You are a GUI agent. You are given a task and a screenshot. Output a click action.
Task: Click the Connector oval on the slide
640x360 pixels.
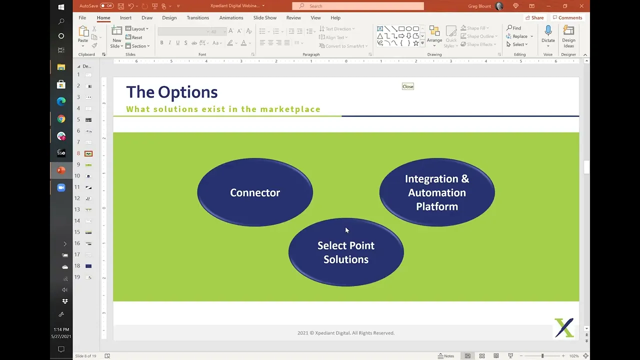pos(255,192)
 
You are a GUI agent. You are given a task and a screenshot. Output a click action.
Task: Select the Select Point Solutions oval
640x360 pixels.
pos(346,252)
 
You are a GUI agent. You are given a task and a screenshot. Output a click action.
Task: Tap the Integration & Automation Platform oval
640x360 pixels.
pos(437,192)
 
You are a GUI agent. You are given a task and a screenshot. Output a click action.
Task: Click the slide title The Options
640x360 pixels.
pos(171,92)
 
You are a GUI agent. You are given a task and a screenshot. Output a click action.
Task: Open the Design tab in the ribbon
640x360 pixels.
pos(169,18)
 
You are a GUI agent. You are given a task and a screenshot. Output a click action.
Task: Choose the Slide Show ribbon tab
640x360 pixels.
pos(264,18)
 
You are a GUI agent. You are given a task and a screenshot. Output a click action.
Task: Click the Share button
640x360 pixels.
pos(534,18)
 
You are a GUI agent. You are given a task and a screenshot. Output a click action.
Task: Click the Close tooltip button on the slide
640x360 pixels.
pos(408,86)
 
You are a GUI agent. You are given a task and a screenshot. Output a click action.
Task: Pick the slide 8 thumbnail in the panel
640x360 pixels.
pos(88,153)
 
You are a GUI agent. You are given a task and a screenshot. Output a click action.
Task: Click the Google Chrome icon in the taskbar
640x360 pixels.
pos(61,119)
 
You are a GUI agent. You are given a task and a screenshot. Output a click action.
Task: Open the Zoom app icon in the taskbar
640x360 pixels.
pos(61,187)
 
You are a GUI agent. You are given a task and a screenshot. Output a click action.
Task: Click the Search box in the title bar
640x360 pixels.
pos(358,6)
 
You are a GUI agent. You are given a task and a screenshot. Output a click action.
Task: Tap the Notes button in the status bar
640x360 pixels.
pos(446,356)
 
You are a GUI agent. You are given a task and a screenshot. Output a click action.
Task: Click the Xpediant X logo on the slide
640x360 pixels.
pos(564,328)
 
